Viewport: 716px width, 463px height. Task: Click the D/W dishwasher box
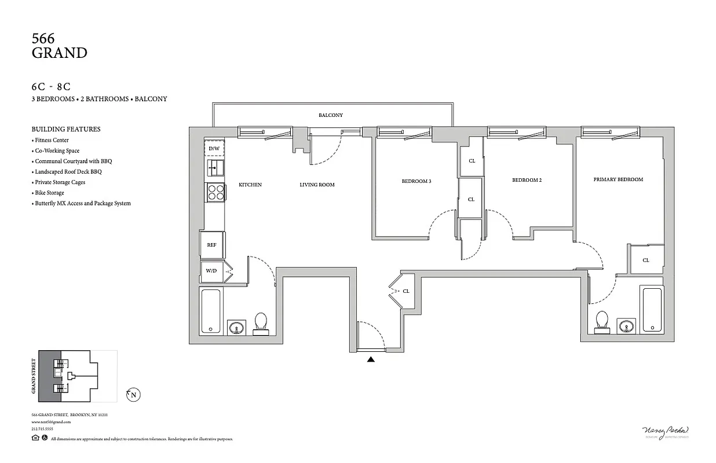click(x=214, y=149)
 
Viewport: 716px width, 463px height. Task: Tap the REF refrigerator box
click(x=212, y=245)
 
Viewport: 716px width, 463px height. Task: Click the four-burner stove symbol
click(x=215, y=192)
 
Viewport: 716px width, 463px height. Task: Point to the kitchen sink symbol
click(x=215, y=169)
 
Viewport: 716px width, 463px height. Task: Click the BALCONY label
click(x=331, y=115)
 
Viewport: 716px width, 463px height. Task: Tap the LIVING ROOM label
click(x=317, y=185)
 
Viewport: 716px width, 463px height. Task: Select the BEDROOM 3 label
click(x=417, y=181)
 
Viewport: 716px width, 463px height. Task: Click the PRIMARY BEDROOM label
click(x=618, y=179)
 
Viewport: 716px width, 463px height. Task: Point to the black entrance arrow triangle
click(x=371, y=359)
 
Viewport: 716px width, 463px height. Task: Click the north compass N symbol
click(x=134, y=395)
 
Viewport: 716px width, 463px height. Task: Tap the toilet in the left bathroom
click(x=261, y=324)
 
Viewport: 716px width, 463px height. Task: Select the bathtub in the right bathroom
click(x=652, y=310)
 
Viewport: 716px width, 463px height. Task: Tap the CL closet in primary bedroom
click(x=646, y=260)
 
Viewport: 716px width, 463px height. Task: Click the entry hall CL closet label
click(x=406, y=291)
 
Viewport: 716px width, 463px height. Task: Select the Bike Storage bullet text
click(x=49, y=193)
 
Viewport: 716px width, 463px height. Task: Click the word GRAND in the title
click(x=59, y=53)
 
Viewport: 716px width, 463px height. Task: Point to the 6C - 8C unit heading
click(x=51, y=87)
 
